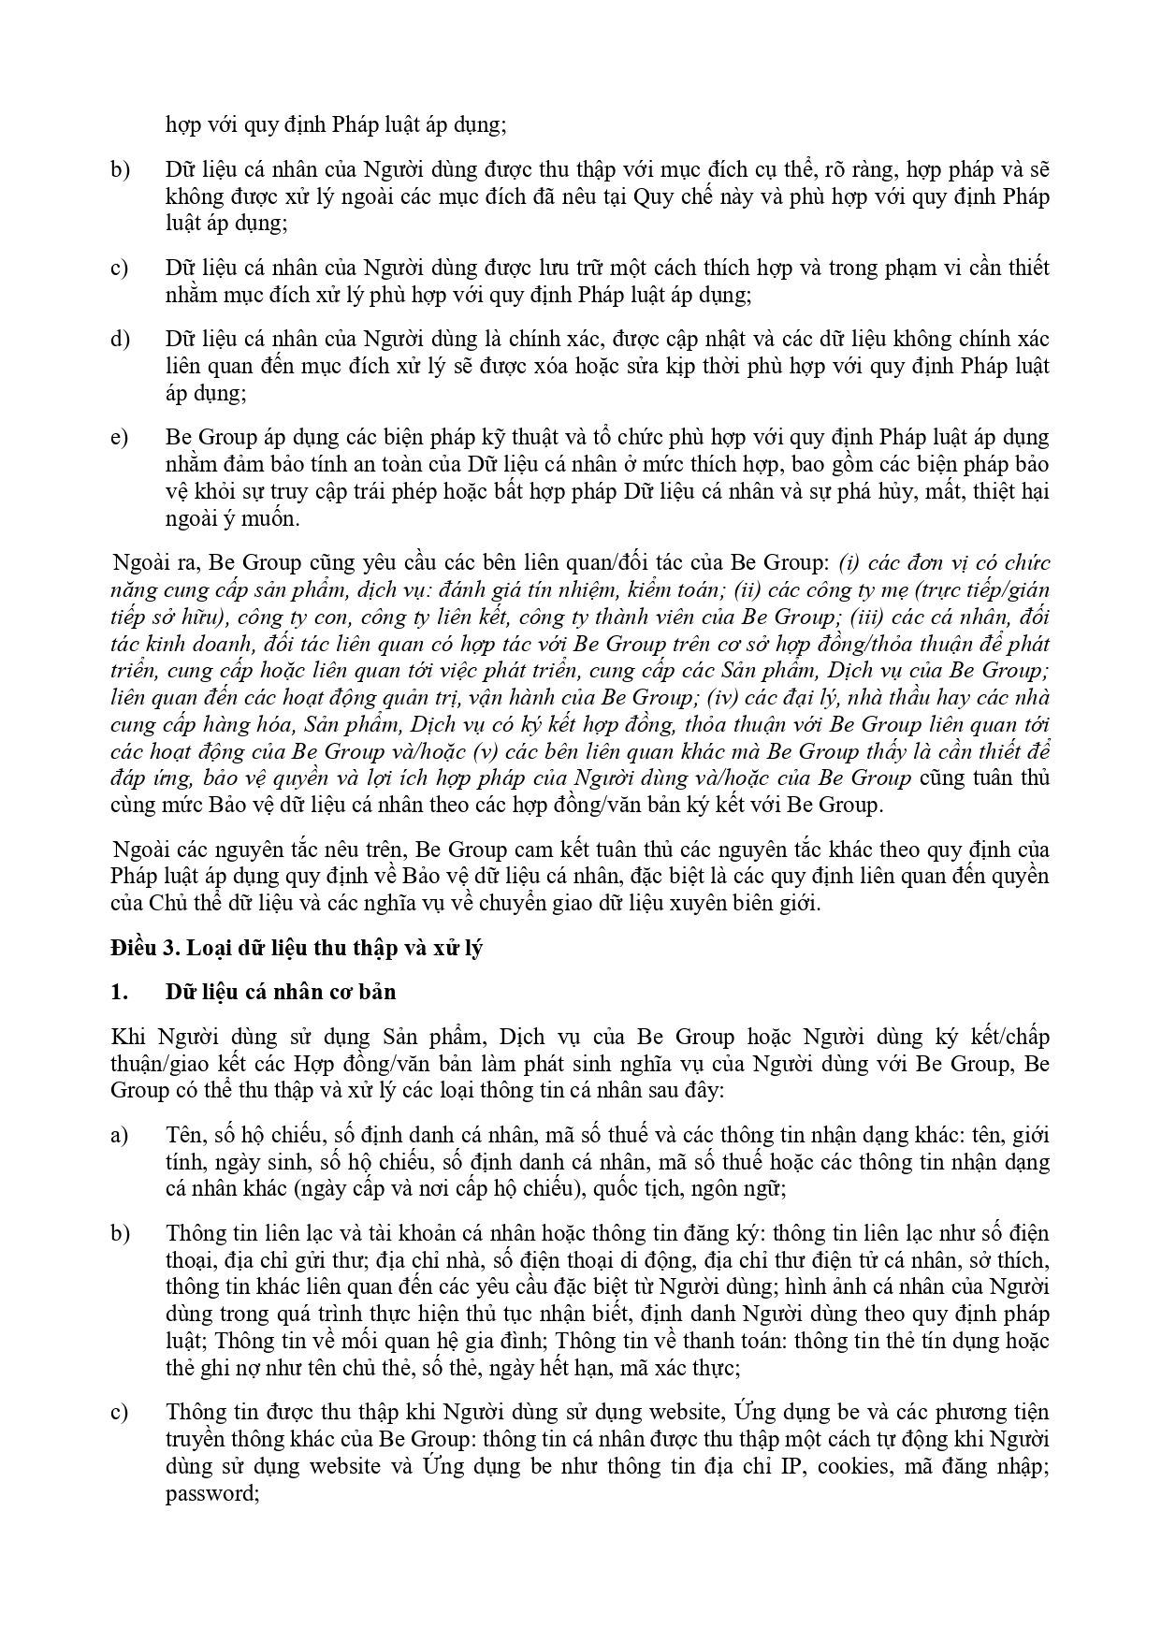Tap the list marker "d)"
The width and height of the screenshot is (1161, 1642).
(120, 339)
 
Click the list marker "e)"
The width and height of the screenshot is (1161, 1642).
(119, 437)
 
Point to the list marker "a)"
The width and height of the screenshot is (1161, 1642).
(119, 1136)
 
